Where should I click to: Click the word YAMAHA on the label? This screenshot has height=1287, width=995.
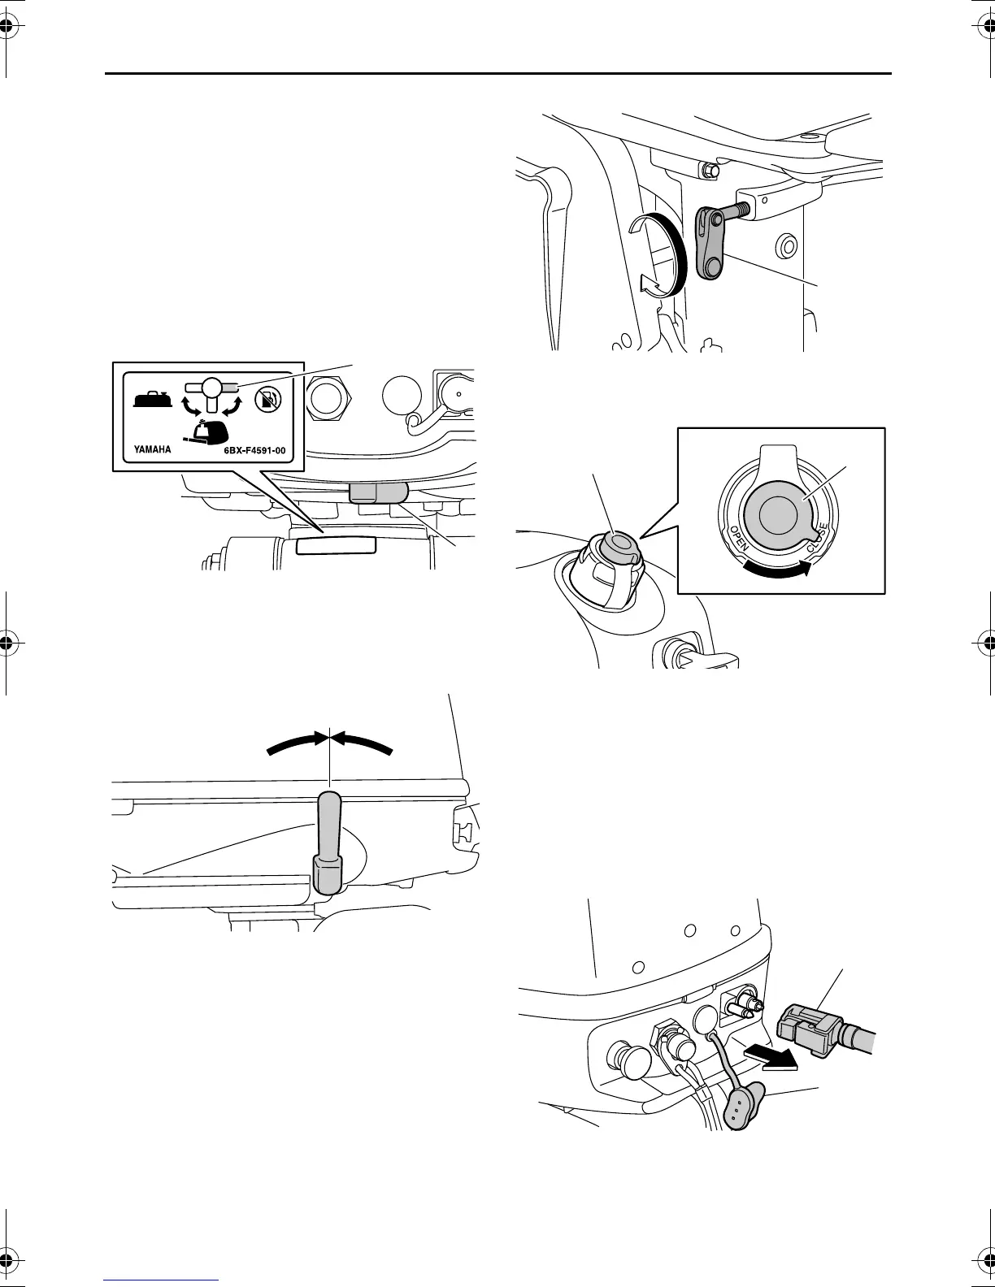(152, 447)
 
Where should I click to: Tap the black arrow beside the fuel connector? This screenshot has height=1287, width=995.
(771, 1055)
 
